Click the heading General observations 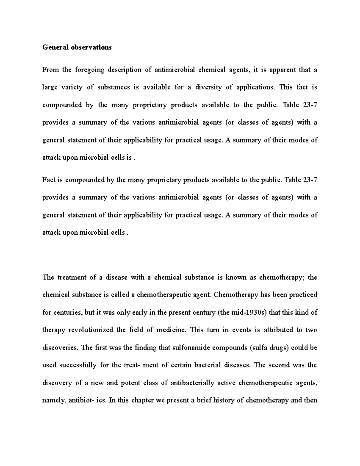(x=77, y=47)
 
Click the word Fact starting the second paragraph (x=48, y=180)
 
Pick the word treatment (x=71, y=277)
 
